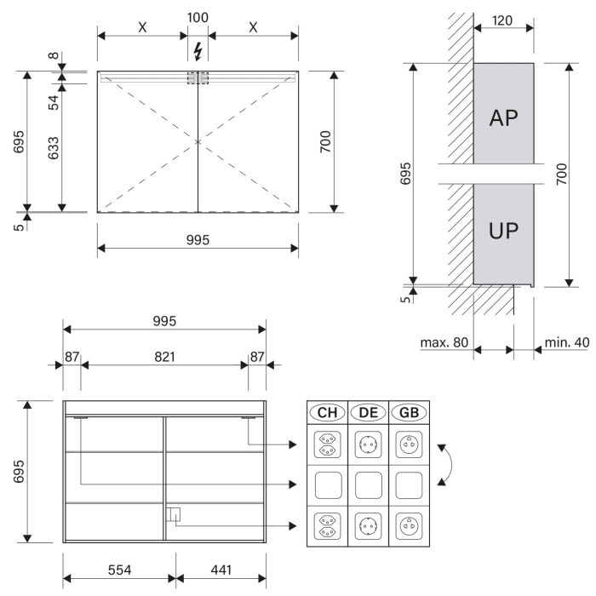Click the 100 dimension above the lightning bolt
point(198,17)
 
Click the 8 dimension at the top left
point(53,58)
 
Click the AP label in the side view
point(503,117)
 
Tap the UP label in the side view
point(503,232)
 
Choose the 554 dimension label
point(119,569)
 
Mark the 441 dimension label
point(221,569)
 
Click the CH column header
point(327,413)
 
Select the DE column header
point(368,413)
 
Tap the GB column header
point(409,413)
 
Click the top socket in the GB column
point(409,444)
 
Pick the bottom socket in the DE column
point(368,526)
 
